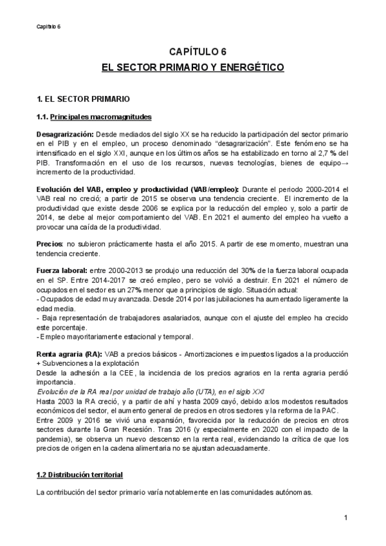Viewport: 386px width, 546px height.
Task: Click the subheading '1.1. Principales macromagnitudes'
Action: pos(94,117)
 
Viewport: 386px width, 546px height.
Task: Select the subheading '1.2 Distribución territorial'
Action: pos(79,475)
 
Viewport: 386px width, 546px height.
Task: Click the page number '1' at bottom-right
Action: pos(345,517)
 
